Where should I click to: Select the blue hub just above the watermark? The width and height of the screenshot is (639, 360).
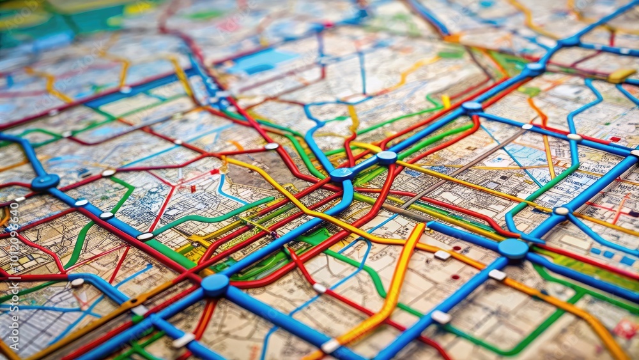point(45,182)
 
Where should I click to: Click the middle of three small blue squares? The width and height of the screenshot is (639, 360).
point(608,254)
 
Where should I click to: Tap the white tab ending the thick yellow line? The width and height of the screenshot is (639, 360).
point(330,346)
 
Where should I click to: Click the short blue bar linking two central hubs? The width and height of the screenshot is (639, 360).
point(364,166)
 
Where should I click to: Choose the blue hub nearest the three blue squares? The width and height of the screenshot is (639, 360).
point(513,248)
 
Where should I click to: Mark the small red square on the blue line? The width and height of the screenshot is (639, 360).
point(615,139)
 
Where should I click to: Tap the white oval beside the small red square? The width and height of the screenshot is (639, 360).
point(574,136)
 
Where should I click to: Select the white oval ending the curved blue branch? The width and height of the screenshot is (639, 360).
point(561,210)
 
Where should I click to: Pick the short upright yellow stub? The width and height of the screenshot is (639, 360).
point(445,101)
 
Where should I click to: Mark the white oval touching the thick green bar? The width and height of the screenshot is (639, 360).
point(145,237)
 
